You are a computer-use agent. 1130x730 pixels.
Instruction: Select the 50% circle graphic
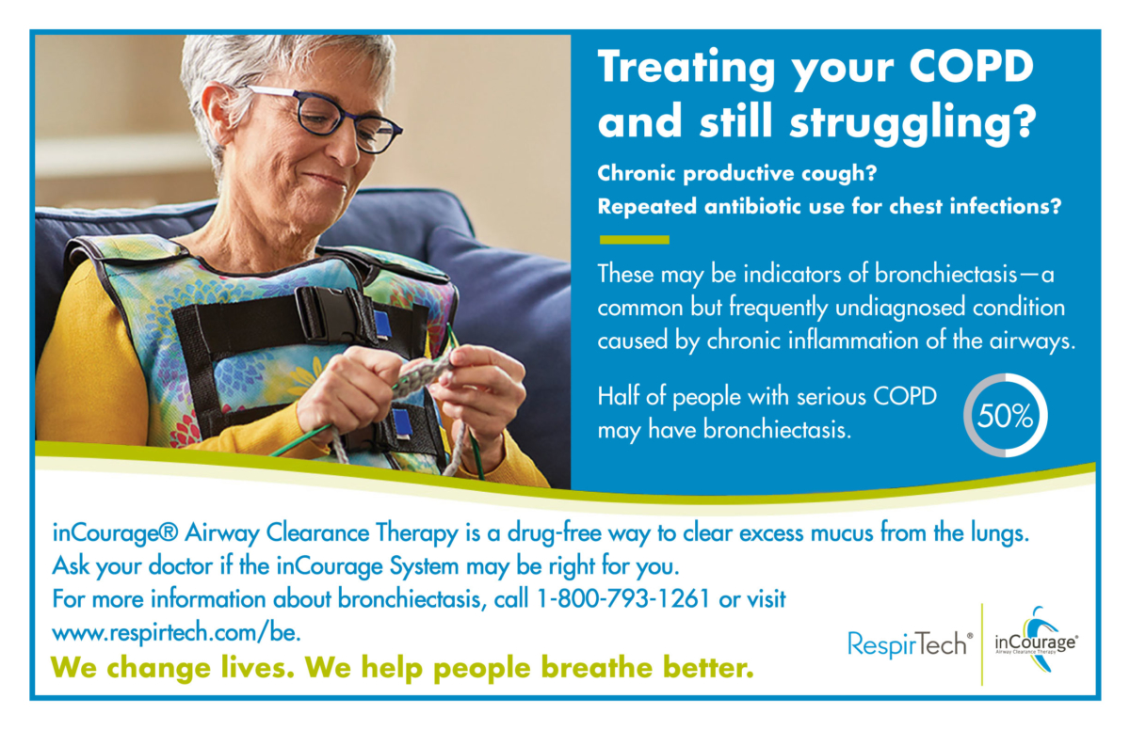coord(1005,416)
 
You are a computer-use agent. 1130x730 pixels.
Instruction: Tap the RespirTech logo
coord(908,643)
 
